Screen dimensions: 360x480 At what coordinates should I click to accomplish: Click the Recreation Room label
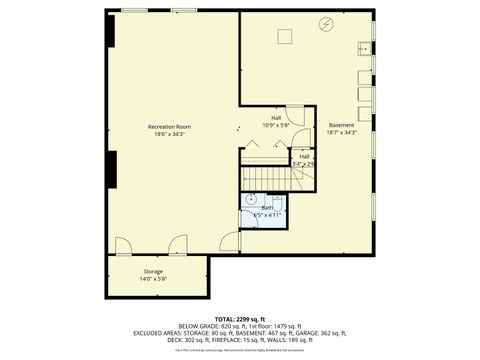(x=169, y=127)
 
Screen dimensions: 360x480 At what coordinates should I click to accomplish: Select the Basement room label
(x=341, y=125)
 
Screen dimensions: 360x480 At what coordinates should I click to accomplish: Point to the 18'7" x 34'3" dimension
(x=341, y=132)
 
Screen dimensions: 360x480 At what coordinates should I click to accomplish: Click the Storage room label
(x=153, y=271)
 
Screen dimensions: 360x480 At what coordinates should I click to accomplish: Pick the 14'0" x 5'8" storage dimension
(x=153, y=278)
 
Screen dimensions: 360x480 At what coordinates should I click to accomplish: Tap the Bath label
(x=268, y=207)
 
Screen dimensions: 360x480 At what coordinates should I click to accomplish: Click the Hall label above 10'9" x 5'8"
(x=275, y=118)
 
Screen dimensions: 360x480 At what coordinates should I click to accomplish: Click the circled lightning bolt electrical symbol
(x=325, y=24)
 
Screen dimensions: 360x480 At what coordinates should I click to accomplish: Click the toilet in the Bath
(x=249, y=222)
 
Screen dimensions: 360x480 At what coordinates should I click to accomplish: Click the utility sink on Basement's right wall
(x=365, y=48)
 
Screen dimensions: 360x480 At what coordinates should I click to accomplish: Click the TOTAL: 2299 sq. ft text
(x=240, y=317)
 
